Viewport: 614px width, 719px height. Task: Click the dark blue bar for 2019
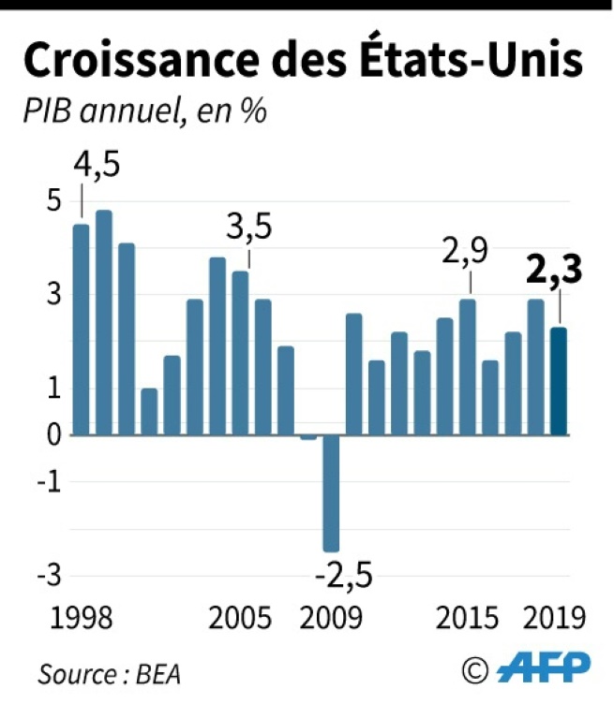pyautogui.click(x=559, y=381)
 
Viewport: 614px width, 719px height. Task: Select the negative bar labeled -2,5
pyautogui.click(x=331, y=493)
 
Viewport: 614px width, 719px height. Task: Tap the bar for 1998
pyautogui.click(x=82, y=330)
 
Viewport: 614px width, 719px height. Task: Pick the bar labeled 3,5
pyautogui.click(x=241, y=353)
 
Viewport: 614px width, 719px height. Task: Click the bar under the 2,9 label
pyautogui.click(x=468, y=367)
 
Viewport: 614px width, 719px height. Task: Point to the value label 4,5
pyautogui.click(x=97, y=169)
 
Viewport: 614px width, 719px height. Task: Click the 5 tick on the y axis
pyautogui.click(x=53, y=201)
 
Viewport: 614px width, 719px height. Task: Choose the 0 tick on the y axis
pyautogui.click(x=53, y=435)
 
